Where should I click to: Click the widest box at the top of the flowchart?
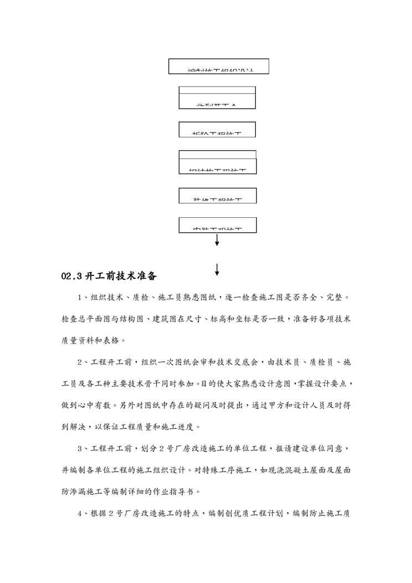(x=219, y=67)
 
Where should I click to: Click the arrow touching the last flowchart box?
(x=217, y=239)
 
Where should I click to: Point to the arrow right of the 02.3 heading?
(x=217, y=269)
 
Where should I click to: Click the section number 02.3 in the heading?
(x=71, y=276)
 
